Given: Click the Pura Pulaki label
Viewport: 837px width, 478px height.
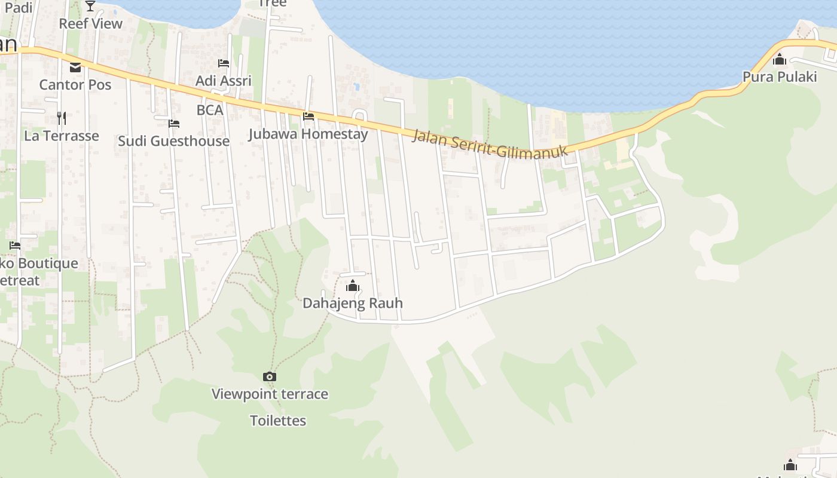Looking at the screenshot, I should (780, 76).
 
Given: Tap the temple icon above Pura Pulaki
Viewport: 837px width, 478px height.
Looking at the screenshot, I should (780, 59).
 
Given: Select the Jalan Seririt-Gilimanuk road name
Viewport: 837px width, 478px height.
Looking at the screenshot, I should (490, 144).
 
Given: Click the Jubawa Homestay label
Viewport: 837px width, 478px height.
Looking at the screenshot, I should (308, 134).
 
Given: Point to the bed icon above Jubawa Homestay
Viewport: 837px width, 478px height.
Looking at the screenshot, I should (308, 116).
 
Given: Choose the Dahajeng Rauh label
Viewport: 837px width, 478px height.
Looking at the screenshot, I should (353, 303).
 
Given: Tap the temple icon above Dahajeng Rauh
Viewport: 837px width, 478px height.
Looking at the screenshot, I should (353, 286).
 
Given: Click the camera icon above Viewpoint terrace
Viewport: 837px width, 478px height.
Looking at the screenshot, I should (270, 376).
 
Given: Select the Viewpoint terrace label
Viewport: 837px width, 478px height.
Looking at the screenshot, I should (270, 394).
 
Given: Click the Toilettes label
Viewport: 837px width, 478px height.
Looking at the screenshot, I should (278, 421).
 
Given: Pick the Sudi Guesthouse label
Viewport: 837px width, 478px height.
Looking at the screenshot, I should (173, 141).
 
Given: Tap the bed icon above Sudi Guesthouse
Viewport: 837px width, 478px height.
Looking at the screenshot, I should (174, 123).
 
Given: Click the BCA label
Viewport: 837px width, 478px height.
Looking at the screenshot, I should (210, 110).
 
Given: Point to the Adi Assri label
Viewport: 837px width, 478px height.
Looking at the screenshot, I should (224, 81).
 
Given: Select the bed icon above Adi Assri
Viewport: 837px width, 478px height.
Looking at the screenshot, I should (224, 63).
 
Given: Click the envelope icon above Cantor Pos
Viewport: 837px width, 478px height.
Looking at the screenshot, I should (75, 67).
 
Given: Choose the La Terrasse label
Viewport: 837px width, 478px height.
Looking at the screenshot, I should (62, 136).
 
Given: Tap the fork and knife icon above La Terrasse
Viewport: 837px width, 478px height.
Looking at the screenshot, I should (62, 118).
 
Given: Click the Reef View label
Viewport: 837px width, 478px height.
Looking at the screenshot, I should (90, 24).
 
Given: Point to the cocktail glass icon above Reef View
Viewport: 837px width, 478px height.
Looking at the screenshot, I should (90, 6).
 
